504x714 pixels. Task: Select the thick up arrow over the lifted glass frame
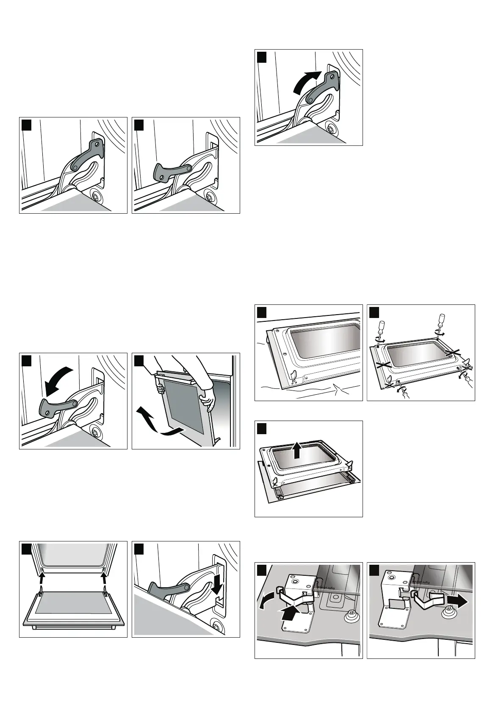point(297,450)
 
